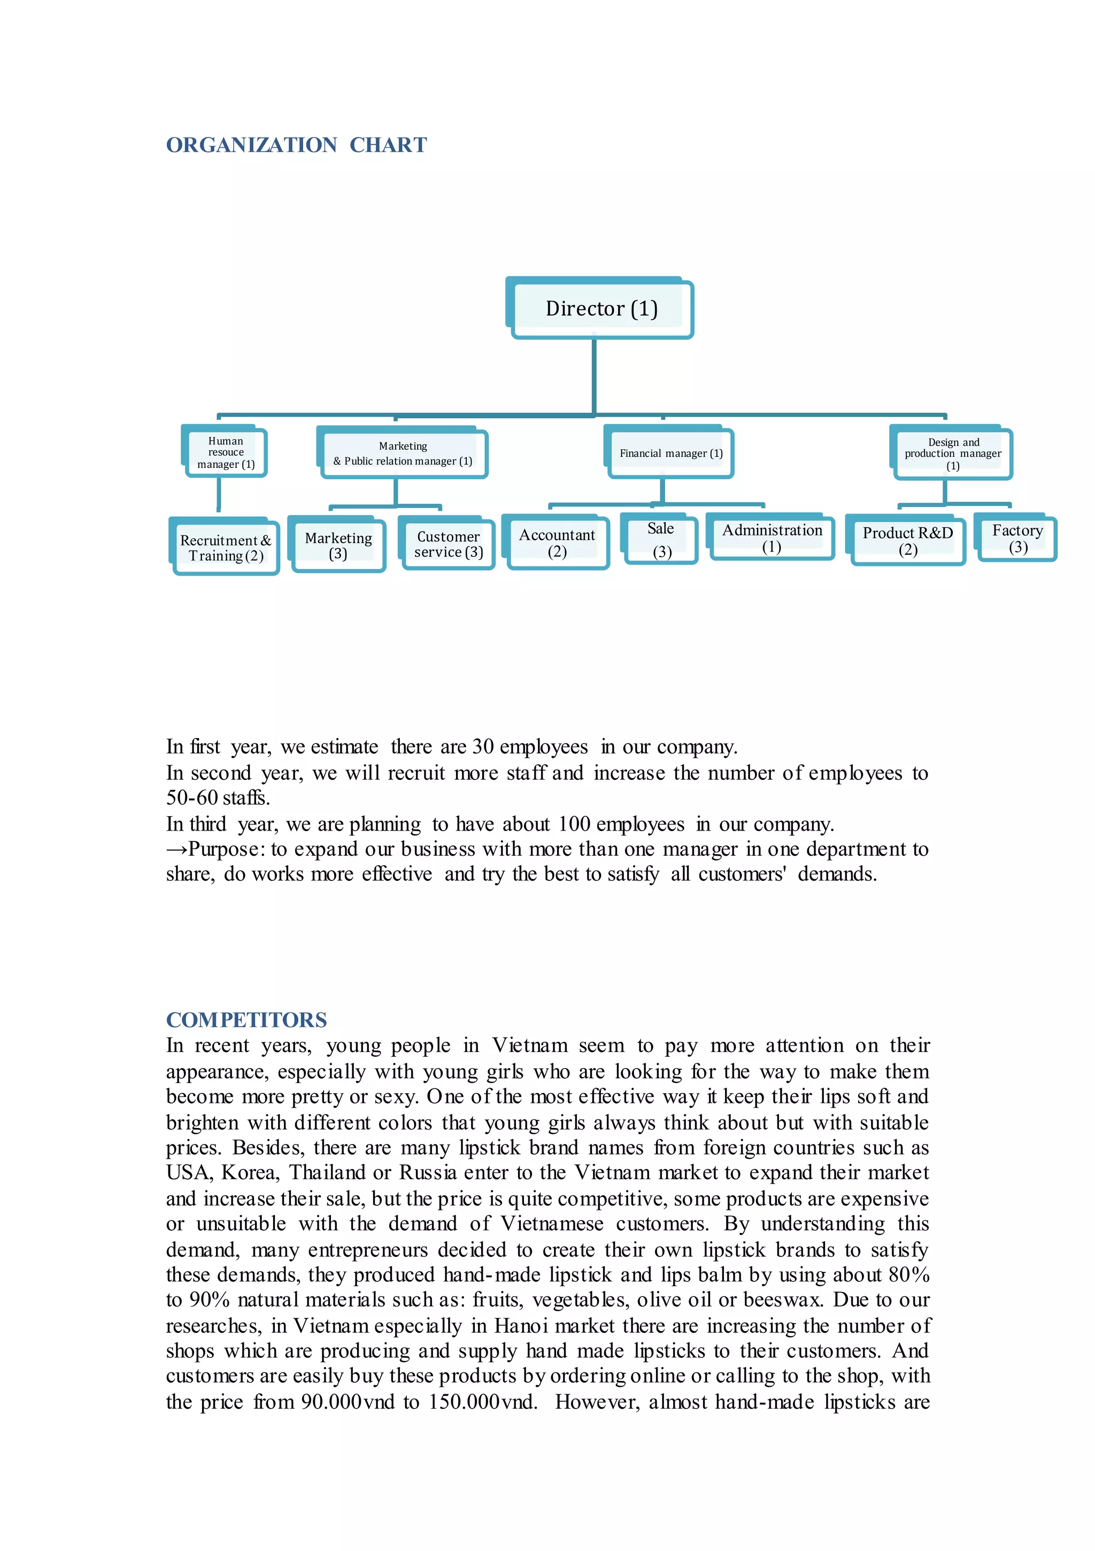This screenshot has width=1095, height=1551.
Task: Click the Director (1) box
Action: tap(600, 309)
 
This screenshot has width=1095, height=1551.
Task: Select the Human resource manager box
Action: tap(226, 452)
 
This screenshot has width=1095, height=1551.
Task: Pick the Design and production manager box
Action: tap(952, 454)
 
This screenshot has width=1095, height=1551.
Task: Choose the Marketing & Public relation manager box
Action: tap(403, 454)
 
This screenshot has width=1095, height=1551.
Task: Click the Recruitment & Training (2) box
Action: tap(225, 548)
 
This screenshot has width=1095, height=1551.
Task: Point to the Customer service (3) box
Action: tap(448, 544)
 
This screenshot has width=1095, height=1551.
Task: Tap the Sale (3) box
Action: tap(661, 540)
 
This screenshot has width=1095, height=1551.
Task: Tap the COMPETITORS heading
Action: tap(246, 1019)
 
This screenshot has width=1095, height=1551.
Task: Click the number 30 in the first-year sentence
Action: tap(482, 747)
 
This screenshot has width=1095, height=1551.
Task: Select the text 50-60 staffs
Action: tap(218, 798)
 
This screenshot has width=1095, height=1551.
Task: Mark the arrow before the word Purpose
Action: tap(176, 850)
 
